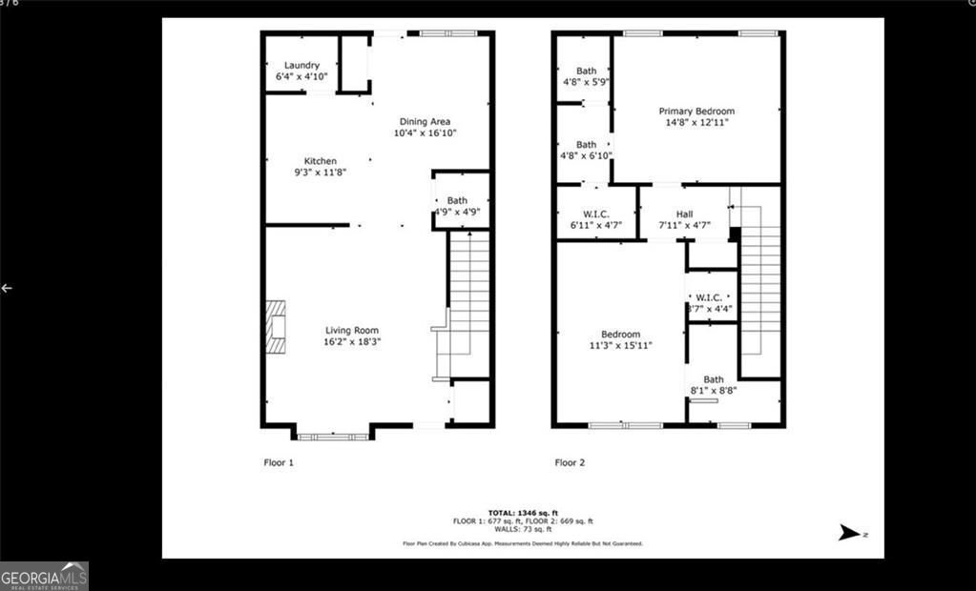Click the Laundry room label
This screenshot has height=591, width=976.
click(x=301, y=66)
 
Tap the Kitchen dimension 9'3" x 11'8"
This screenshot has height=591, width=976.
click(x=320, y=173)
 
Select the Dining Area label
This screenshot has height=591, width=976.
click(x=425, y=122)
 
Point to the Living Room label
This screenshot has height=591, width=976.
click(x=353, y=331)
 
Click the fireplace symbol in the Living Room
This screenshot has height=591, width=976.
click(x=275, y=327)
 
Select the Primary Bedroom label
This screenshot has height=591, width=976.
click(x=696, y=111)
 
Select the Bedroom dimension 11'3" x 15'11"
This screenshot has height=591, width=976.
click(x=620, y=346)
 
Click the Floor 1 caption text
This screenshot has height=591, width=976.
click(x=279, y=462)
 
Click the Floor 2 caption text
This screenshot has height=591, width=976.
click(x=570, y=462)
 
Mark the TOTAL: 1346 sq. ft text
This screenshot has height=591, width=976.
click(x=522, y=513)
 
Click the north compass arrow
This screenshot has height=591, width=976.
click(x=849, y=533)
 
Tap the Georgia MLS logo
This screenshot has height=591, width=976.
click(x=44, y=576)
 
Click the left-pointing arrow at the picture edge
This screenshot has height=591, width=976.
click(x=7, y=288)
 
